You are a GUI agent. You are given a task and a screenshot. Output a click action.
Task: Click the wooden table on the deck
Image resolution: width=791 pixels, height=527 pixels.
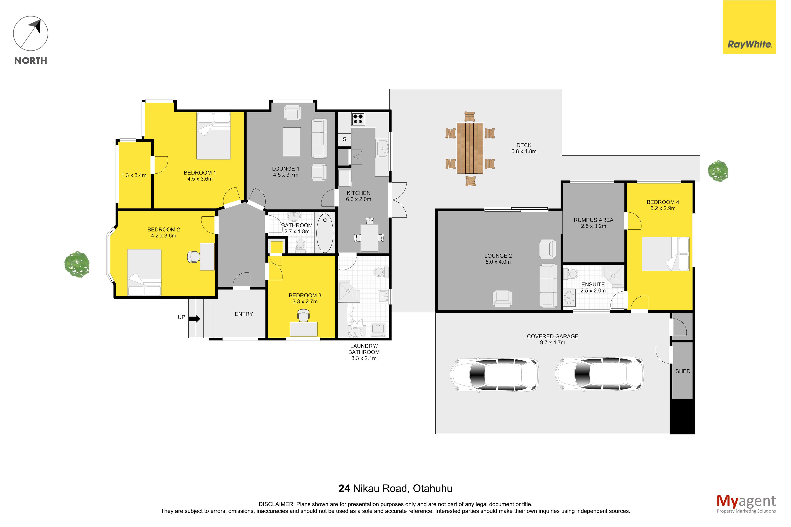click(470, 148)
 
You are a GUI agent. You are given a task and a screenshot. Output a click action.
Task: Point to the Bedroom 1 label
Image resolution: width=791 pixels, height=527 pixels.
click(200, 173)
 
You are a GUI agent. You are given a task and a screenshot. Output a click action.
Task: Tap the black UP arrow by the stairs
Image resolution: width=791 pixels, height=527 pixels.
click(194, 319)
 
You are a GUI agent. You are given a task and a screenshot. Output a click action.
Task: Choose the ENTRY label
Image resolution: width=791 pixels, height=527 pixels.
click(244, 314)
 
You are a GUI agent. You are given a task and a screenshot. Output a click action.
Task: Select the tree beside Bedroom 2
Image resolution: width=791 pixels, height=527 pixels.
click(77, 264)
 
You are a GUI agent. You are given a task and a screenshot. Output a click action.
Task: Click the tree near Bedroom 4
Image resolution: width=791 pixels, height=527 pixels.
click(718, 171)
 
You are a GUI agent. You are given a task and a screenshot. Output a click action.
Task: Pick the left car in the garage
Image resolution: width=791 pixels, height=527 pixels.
click(494, 375)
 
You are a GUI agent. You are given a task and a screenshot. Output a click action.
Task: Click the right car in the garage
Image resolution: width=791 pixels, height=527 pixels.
click(599, 374)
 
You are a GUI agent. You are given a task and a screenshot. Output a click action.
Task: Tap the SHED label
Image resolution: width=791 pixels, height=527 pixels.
click(683, 371)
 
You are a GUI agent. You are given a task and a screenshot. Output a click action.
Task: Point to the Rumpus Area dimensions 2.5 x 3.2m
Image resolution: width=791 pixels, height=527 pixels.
click(593, 226)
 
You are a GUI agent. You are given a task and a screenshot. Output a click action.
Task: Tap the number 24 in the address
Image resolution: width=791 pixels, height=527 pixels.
click(344, 488)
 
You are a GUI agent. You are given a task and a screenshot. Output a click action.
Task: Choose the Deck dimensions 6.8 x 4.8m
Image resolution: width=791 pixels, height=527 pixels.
click(524, 152)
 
